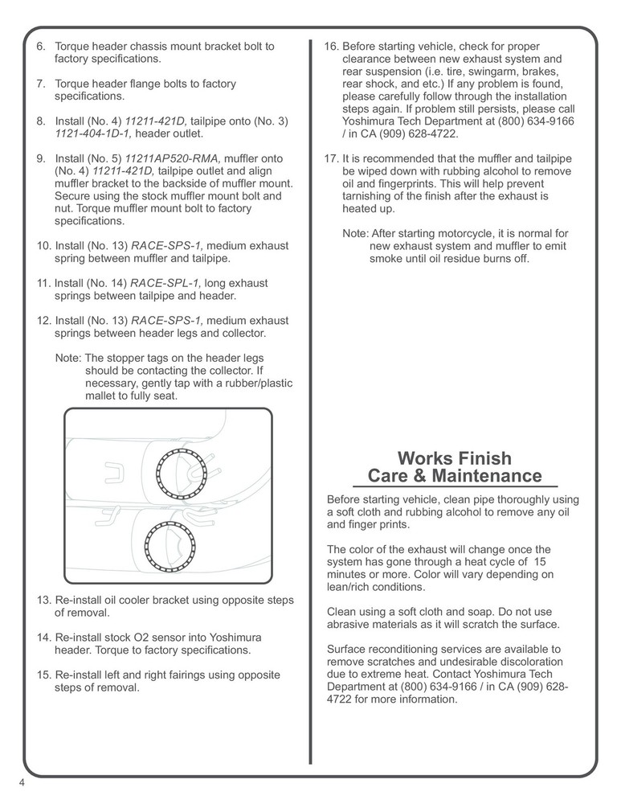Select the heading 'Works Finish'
454,458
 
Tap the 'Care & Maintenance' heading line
454,476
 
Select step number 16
331,47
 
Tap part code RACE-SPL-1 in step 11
167,283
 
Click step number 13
44,601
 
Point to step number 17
331,158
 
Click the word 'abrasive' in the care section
350,625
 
